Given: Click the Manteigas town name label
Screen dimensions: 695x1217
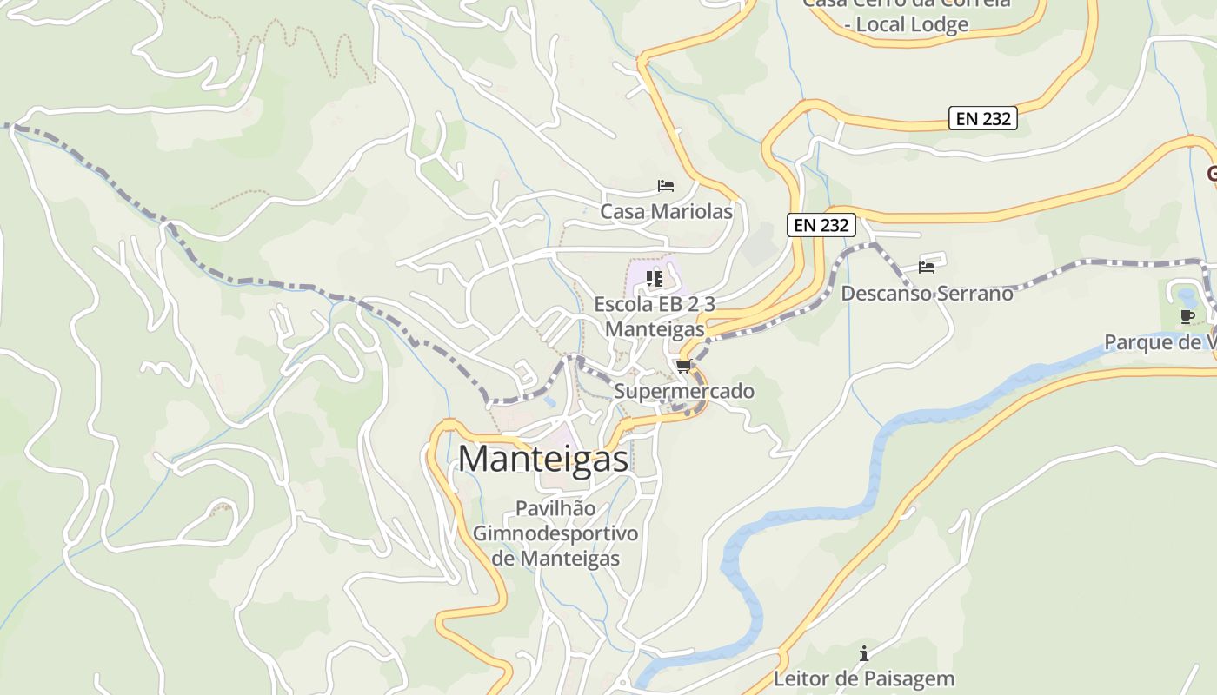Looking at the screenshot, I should point(543,459).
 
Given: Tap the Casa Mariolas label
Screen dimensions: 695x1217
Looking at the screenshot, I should point(666,211).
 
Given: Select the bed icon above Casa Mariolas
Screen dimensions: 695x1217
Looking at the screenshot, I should point(666,186).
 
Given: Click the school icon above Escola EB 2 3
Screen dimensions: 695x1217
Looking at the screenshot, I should point(655,279).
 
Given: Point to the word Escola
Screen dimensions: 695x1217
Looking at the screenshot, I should point(623,304).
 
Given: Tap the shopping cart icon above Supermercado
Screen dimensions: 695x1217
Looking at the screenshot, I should point(684,367).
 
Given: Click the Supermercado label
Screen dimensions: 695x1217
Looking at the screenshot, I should point(684,391).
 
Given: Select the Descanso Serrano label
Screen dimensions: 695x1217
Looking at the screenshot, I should point(927,293).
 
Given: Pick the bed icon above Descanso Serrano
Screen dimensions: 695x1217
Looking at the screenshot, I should point(927,268).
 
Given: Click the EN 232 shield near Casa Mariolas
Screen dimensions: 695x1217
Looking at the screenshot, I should point(821,225).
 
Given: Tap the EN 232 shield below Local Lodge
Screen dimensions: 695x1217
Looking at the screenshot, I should point(983,118).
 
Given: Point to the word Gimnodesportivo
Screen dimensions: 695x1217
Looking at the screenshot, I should point(555,533).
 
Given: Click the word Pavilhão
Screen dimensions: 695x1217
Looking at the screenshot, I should point(555,508).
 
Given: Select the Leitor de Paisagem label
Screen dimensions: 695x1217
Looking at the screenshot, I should point(864,678).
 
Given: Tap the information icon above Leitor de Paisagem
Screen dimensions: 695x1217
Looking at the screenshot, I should point(864,653).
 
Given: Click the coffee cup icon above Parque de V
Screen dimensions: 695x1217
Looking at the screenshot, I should point(1187,316).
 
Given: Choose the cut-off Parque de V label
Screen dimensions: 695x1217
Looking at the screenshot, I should point(1160,342).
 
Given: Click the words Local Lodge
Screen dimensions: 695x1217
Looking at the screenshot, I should point(912,24).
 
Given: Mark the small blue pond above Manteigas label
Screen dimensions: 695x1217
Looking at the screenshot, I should point(549,402).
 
